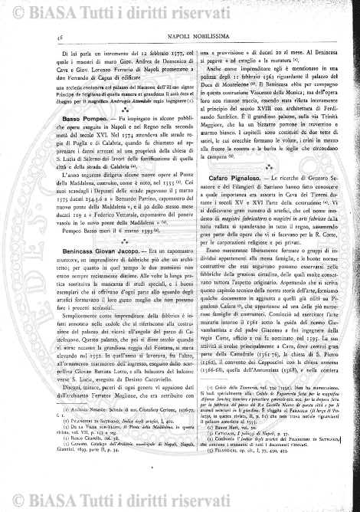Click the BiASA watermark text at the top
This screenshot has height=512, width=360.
point(180,11)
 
